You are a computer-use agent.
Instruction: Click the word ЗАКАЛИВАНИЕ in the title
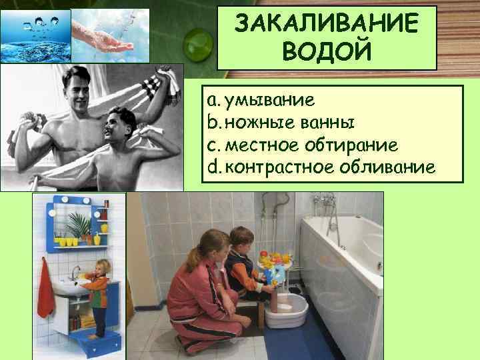click(327, 25)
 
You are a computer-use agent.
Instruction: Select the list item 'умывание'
click(269, 101)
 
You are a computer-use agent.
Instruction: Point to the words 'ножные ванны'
click(290, 123)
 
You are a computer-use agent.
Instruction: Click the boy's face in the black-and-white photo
click(121, 127)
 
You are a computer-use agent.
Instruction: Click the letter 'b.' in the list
click(213, 123)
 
